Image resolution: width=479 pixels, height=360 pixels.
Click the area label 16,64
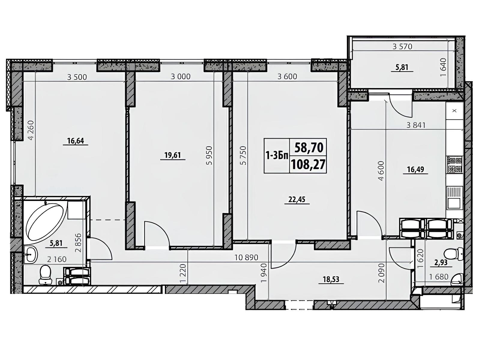(x=76, y=141)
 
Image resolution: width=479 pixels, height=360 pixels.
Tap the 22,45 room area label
(x=297, y=199)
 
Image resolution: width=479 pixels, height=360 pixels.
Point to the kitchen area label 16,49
(x=415, y=169)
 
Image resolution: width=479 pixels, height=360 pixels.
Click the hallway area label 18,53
(x=331, y=279)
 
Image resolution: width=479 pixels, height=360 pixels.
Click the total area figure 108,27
(x=308, y=165)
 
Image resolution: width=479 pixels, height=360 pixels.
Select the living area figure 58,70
(x=309, y=148)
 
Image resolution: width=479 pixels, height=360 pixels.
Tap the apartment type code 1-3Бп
(x=277, y=156)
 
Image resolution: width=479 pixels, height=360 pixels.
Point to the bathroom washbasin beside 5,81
(x=31, y=254)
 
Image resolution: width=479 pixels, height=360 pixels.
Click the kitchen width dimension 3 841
(x=416, y=125)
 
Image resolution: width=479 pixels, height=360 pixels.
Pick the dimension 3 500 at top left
(x=77, y=77)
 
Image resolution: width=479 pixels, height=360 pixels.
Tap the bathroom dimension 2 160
(x=56, y=259)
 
